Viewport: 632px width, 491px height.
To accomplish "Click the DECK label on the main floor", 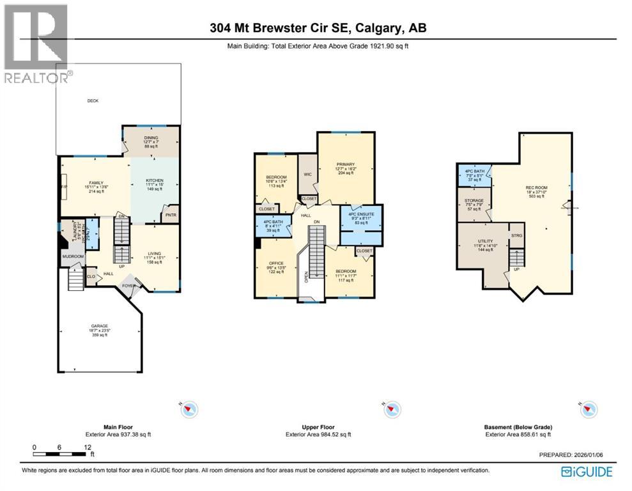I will click(x=93, y=100).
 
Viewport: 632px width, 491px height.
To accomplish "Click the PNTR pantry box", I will click(x=171, y=215).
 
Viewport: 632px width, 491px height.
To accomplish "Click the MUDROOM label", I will click(x=72, y=257).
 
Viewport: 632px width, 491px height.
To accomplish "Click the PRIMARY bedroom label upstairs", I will click(x=346, y=166).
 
